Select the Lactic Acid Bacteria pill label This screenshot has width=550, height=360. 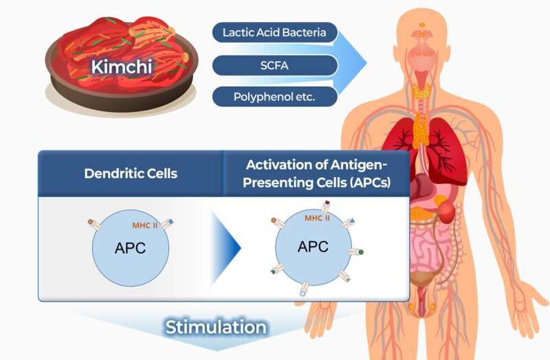[x=274, y=32]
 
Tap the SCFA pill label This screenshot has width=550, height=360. [x=274, y=65]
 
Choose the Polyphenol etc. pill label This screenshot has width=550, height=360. [x=274, y=97]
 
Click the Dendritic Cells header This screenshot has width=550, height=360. [x=131, y=173]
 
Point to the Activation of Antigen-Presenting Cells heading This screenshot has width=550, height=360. [x=316, y=173]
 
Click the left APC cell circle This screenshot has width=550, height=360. [x=130, y=248]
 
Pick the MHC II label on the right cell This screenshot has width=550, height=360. [x=317, y=218]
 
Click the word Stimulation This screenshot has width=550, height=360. [x=215, y=327]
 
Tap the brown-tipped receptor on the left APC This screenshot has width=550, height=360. [x=92, y=222]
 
